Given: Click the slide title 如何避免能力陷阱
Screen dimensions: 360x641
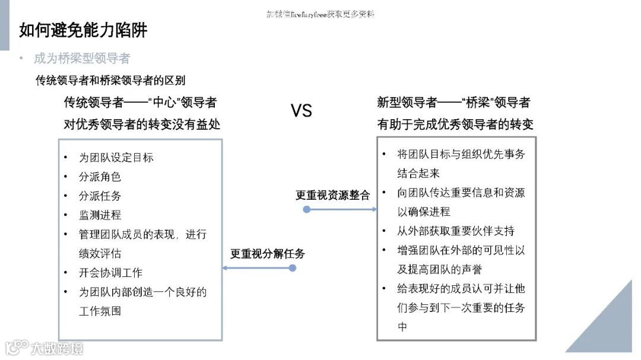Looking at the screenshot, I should (x=83, y=30).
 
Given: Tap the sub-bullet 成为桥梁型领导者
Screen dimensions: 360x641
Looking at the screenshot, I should (x=81, y=59).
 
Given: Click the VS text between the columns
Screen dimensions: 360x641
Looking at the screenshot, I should (x=301, y=110).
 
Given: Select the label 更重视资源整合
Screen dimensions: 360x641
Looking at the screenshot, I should (x=332, y=195).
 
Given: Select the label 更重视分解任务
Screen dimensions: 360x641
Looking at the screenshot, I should (x=267, y=254).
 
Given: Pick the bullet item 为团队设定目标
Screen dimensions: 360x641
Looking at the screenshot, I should (x=116, y=158).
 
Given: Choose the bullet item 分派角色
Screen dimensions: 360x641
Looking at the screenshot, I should (x=100, y=177).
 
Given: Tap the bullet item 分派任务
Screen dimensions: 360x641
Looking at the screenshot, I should (x=100, y=196).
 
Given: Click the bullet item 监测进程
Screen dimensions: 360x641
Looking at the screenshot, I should (x=100, y=215).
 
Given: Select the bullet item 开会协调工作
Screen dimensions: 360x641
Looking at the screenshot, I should (x=110, y=273).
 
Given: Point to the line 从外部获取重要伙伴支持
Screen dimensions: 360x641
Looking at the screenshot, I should (x=456, y=231).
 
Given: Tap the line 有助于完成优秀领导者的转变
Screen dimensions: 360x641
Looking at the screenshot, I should (x=455, y=125).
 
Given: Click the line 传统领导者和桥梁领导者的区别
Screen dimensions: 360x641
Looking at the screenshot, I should (x=110, y=81).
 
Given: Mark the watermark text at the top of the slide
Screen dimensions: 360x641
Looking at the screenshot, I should (x=320, y=14).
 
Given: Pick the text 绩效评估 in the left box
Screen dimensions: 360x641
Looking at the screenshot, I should (x=100, y=254).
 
